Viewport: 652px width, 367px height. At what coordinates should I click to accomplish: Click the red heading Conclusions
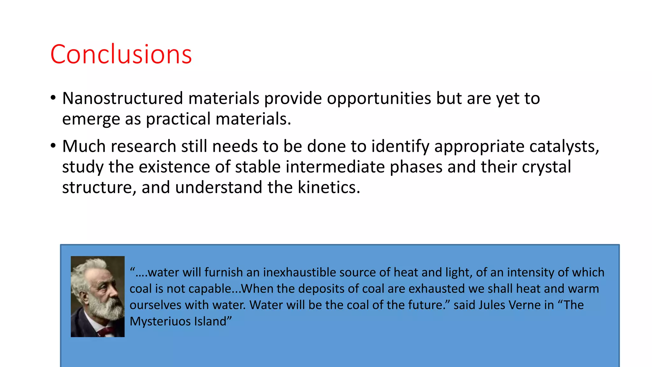pyautogui.click(x=121, y=54)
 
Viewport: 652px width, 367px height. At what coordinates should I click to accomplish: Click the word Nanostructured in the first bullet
pyautogui.click(x=123, y=98)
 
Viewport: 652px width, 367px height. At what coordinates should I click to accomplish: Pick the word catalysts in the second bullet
pyautogui.click(x=563, y=147)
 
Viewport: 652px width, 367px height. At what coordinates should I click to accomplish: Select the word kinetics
pyautogui.click(x=328, y=187)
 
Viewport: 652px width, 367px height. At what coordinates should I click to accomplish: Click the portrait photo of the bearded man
pyautogui.click(x=97, y=296)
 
